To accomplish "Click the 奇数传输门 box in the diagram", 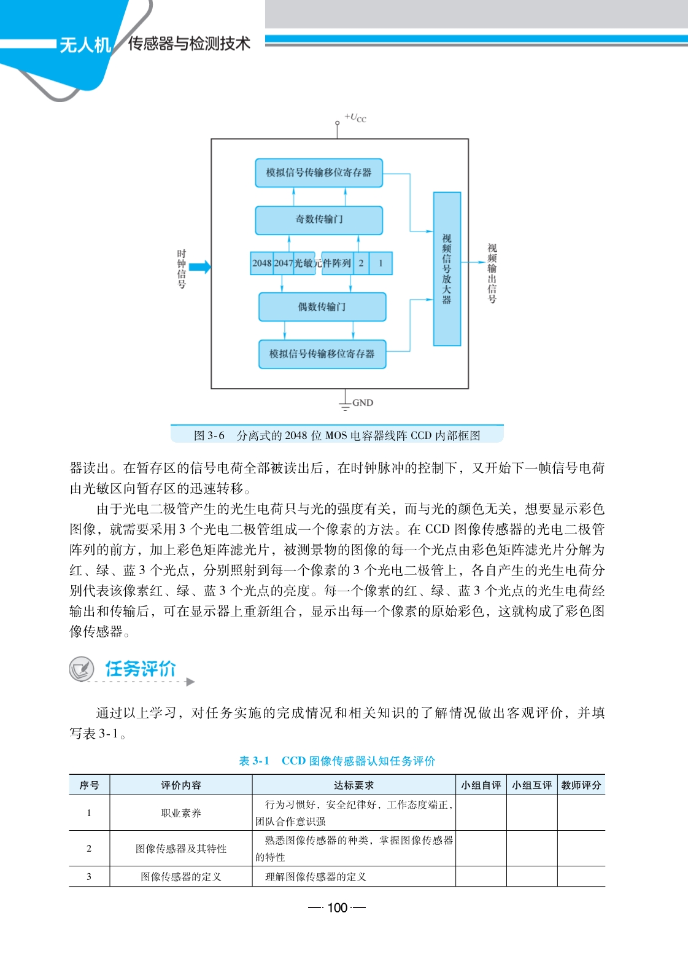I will click(319, 220).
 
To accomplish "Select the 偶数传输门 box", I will click(322, 306).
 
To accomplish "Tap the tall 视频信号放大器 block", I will click(447, 269).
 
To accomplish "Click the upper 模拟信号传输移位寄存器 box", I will click(319, 173).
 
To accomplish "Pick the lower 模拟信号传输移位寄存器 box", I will click(322, 354).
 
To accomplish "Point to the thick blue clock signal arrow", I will click(199, 266).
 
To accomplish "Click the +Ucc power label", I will click(355, 117).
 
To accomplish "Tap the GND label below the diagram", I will click(362, 403).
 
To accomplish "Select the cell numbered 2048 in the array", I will click(261, 263).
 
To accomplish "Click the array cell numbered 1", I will click(381, 263).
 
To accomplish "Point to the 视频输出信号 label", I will click(492, 273).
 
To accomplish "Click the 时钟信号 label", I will click(182, 269).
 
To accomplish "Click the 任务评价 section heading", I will click(141, 669).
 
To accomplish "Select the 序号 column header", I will click(89, 785).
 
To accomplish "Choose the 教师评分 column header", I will click(581, 785).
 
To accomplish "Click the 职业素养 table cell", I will click(181, 813).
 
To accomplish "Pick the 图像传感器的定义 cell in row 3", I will click(181, 877).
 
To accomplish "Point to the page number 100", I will click(338, 908).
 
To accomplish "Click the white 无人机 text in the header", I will click(85, 45).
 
